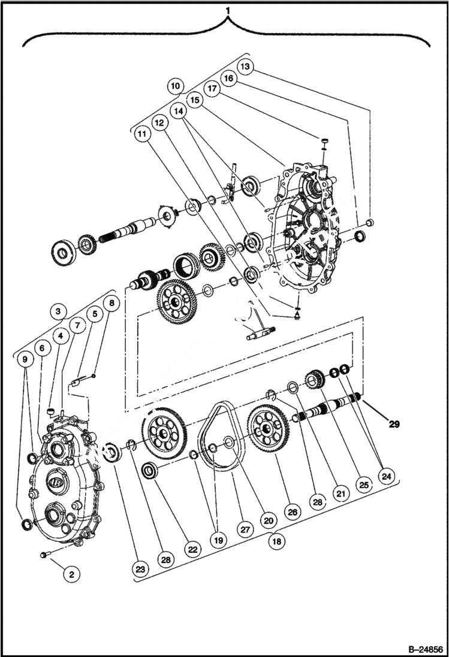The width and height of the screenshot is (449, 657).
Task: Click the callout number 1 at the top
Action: point(227,10)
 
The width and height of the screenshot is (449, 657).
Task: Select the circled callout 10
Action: point(175,86)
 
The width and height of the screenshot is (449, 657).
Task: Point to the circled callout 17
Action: point(212,87)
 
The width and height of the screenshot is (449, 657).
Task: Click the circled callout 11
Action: point(141,134)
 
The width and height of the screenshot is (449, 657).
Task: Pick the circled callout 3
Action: point(57,311)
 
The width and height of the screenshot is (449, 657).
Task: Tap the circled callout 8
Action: point(110,303)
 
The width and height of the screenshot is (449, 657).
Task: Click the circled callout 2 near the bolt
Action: point(71,574)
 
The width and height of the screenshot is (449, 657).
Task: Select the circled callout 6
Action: point(41,347)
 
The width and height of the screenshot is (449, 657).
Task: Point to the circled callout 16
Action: point(228,77)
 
